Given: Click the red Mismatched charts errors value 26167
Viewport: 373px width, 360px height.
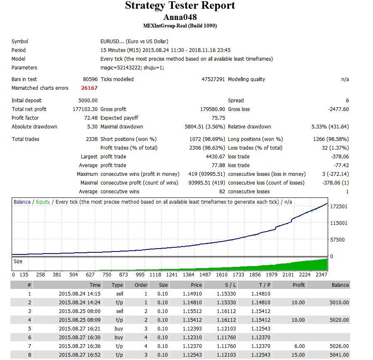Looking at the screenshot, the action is (x=89, y=88).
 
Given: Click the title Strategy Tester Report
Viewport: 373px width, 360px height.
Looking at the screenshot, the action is (x=180, y=5).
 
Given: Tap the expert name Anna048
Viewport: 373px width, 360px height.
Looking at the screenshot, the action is (x=180, y=17).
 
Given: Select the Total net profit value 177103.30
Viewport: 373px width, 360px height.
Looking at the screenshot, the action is (x=85, y=109).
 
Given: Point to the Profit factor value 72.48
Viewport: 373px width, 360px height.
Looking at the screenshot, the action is (x=91, y=118).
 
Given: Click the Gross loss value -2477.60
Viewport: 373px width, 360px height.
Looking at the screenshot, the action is (x=338, y=109).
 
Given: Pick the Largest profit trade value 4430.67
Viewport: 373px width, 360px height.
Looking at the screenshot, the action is (x=215, y=156).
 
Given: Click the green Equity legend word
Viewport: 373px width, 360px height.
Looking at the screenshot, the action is (x=43, y=202).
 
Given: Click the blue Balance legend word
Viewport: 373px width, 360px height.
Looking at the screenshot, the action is (x=22, y=202).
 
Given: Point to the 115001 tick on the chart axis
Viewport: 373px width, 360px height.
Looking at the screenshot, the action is (x=339, y=223).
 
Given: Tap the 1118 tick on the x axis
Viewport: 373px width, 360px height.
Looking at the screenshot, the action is (x=155, y=274).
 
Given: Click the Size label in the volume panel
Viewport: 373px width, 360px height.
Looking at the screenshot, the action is (x=18, y=261).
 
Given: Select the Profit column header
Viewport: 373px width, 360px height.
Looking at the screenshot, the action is (x=299, y=285).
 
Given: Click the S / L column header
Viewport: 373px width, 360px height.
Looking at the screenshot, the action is (x=230, y=285).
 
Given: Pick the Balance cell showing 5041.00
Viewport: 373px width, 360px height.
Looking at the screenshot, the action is (x=339, y=355).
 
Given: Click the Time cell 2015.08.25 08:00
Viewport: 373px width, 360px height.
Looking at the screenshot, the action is (x=80, y=311).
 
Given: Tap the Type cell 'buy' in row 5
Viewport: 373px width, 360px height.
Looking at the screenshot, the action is (x=119, y=328).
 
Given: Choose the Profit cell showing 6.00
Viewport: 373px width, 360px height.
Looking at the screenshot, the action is (x=299, y=346).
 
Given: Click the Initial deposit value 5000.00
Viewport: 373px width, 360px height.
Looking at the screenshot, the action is (x=88, y=101).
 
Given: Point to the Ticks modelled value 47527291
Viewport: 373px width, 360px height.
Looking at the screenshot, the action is (x=213, y=79).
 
